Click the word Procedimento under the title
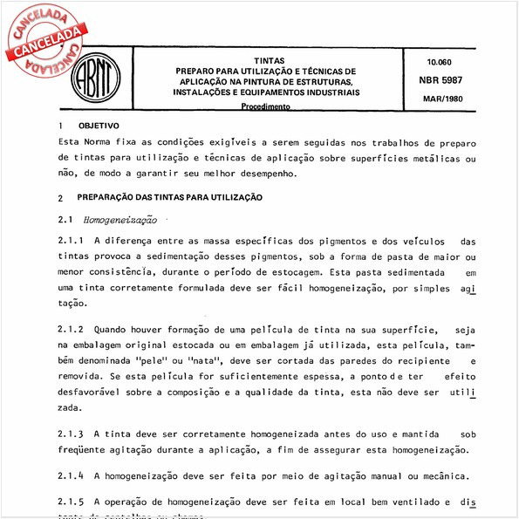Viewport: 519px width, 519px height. click(x=266, y=106)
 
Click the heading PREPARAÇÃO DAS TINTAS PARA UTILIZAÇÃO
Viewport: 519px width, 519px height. click(x=170, y=198)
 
